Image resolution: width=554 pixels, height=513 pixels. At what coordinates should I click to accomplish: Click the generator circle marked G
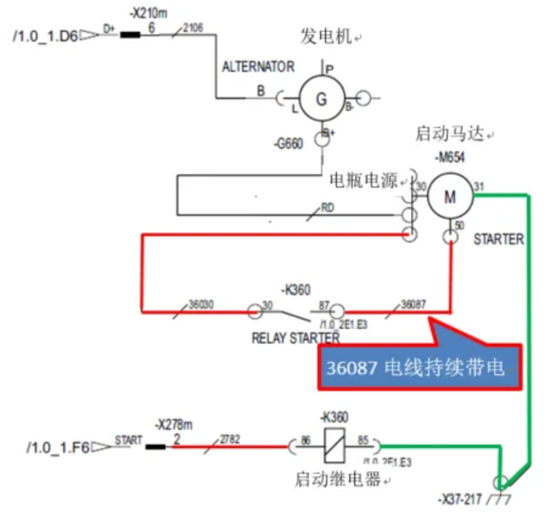point(321,99)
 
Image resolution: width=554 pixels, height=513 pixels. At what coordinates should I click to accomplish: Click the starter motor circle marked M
point(450,197)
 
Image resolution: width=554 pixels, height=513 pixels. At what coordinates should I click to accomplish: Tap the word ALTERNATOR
point(258,67)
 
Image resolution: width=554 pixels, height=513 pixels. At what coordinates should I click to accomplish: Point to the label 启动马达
point(449,134)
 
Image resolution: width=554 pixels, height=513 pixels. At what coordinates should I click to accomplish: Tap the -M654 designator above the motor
point(450,157)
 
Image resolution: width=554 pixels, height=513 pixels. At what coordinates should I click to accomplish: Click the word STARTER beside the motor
point(498,239)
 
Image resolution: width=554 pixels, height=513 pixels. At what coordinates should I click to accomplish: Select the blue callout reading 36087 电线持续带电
point(420,368)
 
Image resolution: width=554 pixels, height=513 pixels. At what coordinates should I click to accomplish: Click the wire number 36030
point(201,304)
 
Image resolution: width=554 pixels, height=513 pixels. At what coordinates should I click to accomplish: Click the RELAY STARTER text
point(296,339)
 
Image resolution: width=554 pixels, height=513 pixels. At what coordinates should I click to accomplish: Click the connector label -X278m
point(176,423)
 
